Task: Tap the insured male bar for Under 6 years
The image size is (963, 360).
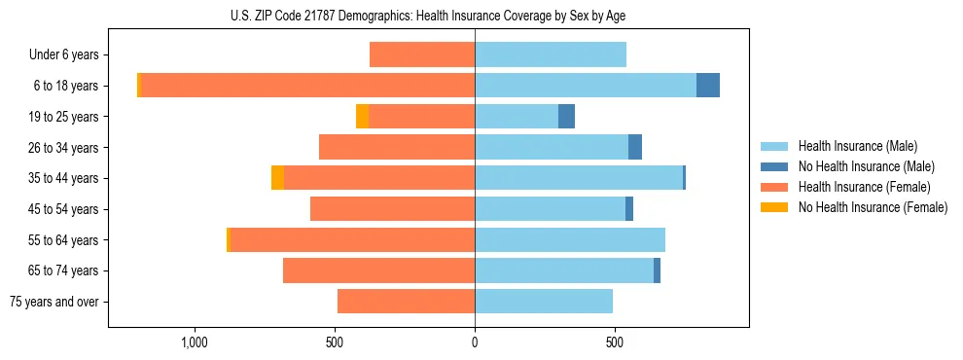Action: [551, 54]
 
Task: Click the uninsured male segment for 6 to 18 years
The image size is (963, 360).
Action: [708, 86]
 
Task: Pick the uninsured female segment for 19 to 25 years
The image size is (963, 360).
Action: [362, 117]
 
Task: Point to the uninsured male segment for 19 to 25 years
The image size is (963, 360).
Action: [566, 117]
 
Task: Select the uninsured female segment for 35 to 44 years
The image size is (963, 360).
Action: [277, 178]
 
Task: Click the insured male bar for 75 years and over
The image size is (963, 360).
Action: [544, 302]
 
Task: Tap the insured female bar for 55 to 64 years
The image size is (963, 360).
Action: [352, 239]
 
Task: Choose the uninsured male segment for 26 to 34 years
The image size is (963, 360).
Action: [635, 147]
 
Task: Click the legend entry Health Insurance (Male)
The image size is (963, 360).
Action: [857, 146]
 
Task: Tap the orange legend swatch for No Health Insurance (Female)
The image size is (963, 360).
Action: [774, 207]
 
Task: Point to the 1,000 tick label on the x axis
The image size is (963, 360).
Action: [195, 342]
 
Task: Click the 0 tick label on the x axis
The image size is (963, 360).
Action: [475, 342]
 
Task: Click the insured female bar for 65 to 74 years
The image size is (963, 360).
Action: [378, 270]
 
